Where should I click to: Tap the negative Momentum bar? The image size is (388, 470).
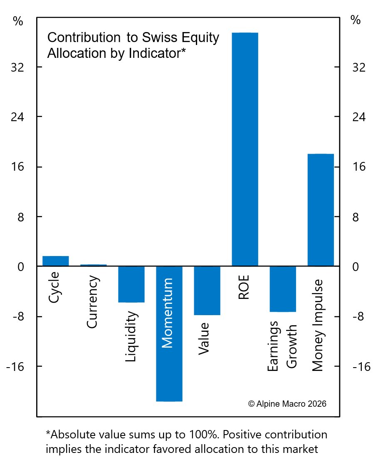[x=169, y=375]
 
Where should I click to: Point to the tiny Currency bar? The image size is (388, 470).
[x=94, y=265]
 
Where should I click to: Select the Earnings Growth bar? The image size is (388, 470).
[x=283, y=289]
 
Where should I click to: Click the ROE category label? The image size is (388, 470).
[x=244, y=287]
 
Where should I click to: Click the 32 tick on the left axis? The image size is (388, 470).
[x=18, y=67]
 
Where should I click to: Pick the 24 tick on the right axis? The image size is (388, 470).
[x=358, y=117]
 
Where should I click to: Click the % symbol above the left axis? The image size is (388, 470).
[x=18, y=22]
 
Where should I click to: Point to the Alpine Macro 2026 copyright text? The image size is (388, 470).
[x=287, y=404]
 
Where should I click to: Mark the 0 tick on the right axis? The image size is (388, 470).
[x=356, y=267]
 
